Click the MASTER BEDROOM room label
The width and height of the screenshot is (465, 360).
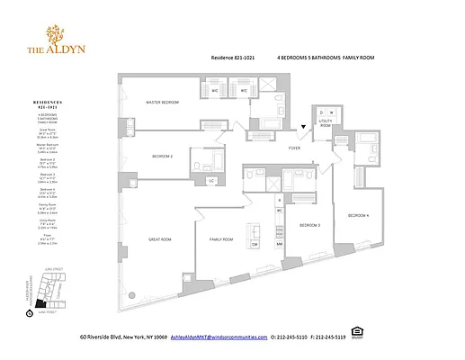[164, 103]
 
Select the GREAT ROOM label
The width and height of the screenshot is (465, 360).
[161, 239]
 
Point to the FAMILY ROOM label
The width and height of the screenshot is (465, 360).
[221, 239]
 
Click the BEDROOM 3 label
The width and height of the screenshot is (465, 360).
[309, 224]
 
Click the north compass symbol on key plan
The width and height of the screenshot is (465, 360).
[31, 313]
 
